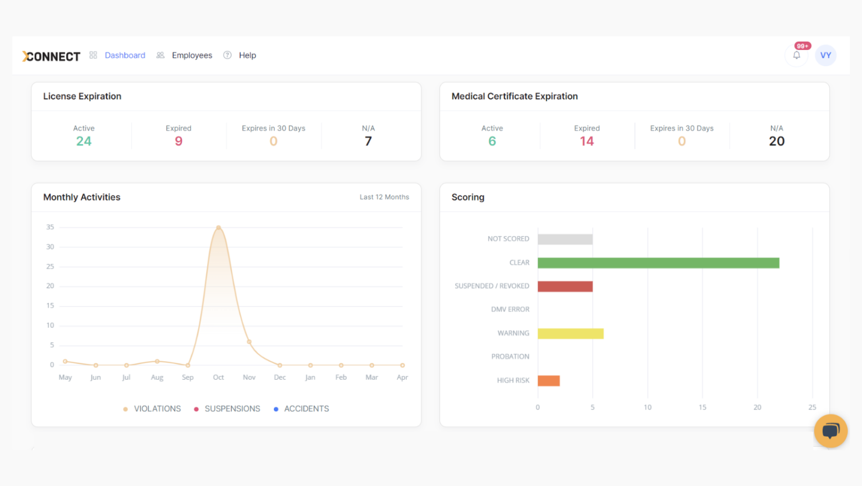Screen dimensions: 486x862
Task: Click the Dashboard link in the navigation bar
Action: point(125,55)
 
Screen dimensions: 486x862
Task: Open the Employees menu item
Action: point(191,55)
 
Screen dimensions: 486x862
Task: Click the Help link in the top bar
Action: point(247,55)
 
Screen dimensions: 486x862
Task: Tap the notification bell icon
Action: point(796,55)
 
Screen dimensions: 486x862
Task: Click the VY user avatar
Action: point(826,55)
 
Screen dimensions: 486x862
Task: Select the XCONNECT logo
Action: point(51,56)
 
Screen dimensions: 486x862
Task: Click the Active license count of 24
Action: point(84,141)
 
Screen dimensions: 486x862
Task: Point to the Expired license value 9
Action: point(178,141)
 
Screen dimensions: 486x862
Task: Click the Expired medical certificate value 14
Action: point(587,141)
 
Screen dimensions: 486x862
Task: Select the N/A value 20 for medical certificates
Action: point(777,141)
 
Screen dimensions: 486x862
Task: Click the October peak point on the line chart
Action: point(218,228)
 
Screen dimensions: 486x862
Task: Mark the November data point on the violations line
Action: point(249,342)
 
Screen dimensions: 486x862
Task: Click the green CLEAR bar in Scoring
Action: point(658,263)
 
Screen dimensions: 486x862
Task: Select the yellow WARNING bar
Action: point(570,334)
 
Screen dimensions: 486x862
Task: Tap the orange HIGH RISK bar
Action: point(548,381)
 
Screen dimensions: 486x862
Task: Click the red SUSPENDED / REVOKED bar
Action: point(565,287)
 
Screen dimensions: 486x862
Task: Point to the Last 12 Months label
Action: point(384,197)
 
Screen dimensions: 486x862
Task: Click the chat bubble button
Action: point(831,431)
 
